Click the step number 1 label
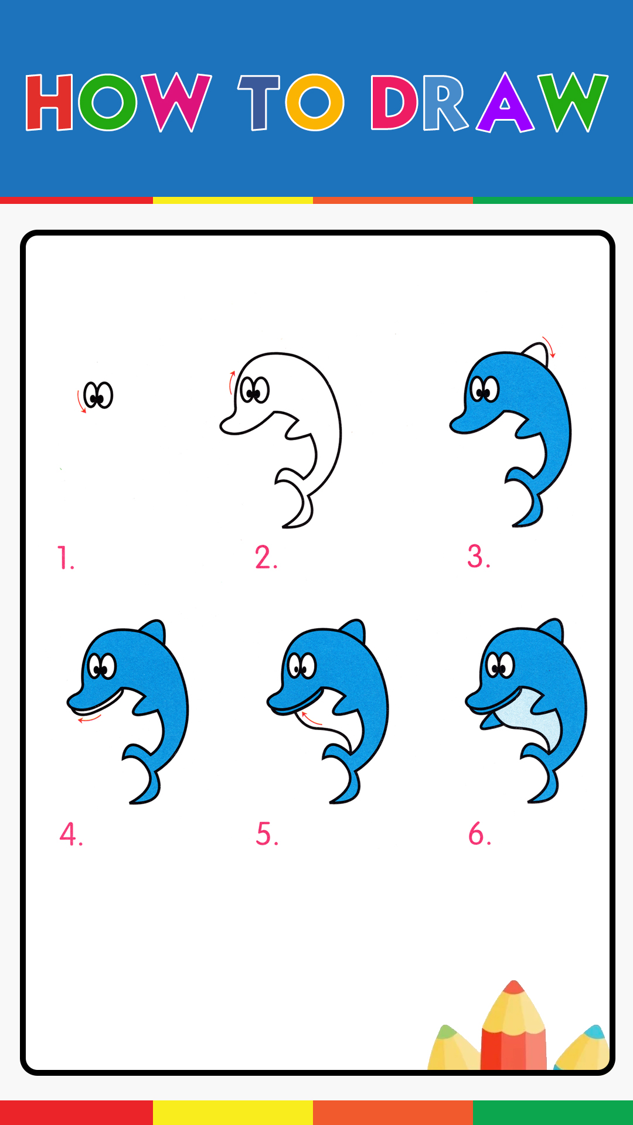click(66, 558)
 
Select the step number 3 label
click(479, 557)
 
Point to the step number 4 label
click(71, 834)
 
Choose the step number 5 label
click(267, 834)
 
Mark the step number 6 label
click(479, 834)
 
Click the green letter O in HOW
click(108, 102)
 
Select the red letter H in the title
click(49, 102)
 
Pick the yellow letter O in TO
click(315, 102)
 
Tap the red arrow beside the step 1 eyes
click(81, 401)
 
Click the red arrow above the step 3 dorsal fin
click(549, 347)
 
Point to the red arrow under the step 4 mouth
click(89, 718)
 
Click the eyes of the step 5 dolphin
click(302, 666)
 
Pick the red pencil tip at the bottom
click(514, 987)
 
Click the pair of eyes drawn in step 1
click(98, 395)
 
